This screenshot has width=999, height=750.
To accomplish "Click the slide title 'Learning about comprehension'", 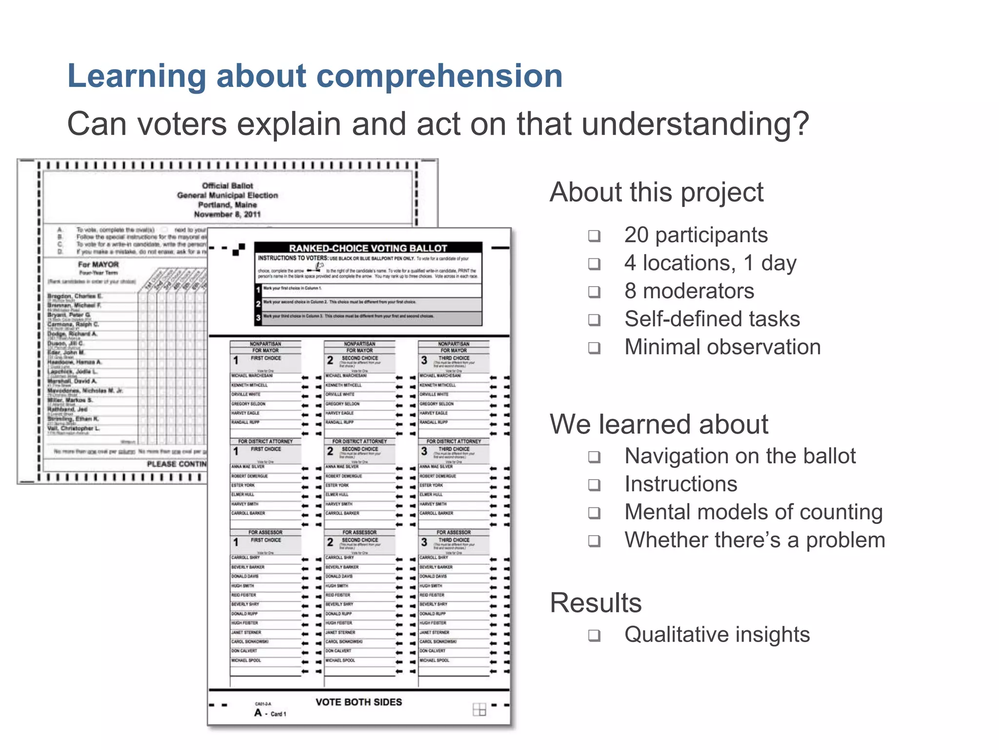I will (315, 76).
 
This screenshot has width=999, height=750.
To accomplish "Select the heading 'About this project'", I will (656, 192).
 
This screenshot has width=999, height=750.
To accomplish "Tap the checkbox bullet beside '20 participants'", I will (594, 236).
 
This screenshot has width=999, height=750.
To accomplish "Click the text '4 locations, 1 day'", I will (710, 263).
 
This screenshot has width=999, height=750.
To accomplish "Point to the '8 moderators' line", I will (689, 291).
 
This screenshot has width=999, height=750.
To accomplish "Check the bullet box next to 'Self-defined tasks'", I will (594, 320).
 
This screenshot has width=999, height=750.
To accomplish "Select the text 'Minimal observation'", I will (722, 347).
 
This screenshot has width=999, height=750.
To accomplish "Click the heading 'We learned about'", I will (659, 424).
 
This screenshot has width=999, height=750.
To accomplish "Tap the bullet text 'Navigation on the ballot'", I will (740, 456).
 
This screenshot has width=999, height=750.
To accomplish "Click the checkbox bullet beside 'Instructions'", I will (594, 485).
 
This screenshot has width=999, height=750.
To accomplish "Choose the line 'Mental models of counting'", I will (754, 512).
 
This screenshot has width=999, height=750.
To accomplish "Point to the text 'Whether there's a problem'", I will (755, 540).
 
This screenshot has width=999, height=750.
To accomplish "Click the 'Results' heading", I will (596, 603).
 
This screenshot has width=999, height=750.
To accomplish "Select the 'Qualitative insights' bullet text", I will (717, 635).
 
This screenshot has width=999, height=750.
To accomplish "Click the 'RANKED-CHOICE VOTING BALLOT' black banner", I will (368, 248).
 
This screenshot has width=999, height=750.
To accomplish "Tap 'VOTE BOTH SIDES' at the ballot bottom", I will (359, 702).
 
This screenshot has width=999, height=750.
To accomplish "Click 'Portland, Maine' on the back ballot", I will (227, 205).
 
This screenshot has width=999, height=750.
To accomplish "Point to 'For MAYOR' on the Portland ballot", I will (98, 264).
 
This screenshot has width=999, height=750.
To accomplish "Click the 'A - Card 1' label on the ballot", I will (270, 713).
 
